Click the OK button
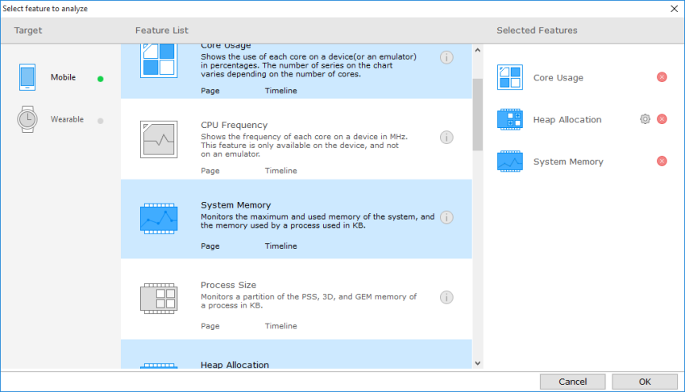[644, 382]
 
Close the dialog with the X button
[674, 8]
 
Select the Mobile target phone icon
[27, 77]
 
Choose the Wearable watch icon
[27, 119]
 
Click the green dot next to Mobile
[101, 78]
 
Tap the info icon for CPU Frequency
[446, 138]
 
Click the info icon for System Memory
[446, 217]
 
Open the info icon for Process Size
[446, 297]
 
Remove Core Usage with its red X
[662, 77]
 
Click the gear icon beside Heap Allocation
[645, 119]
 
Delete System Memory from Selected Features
[662, 161]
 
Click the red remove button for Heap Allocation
[662, 119]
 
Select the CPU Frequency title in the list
[234, 125]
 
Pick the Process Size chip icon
[159, 298]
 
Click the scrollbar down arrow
[477, 364]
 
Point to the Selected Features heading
[537, 31]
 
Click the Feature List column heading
[162, 31]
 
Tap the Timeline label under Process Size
[280, 326]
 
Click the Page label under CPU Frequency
[210, 171]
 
